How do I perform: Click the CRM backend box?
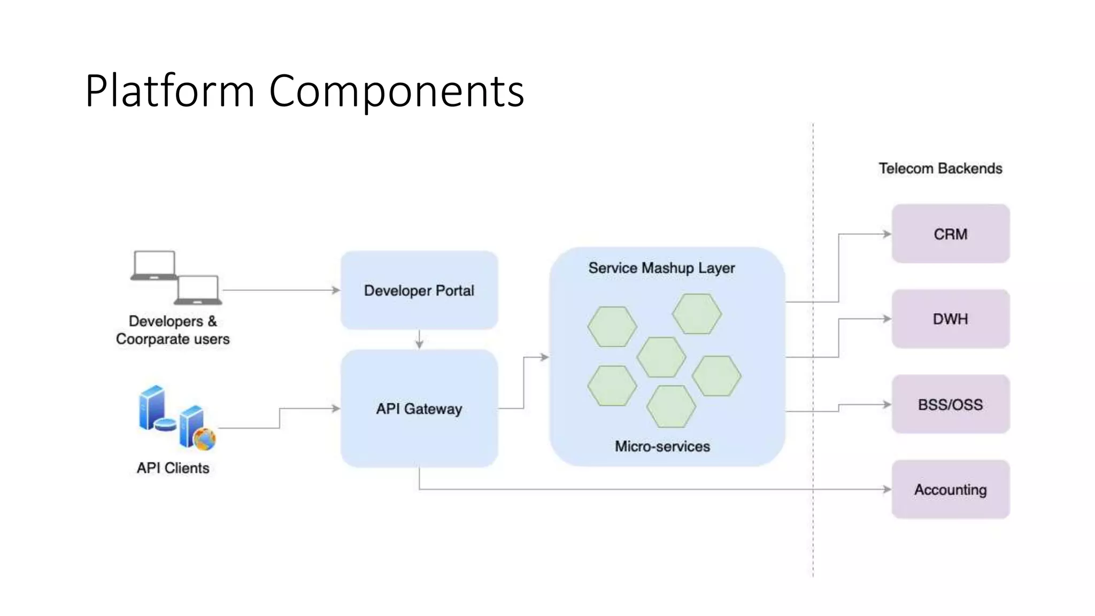click(x=950, y=234)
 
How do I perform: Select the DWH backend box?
click(x=950, y=319)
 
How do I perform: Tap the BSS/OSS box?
click(x=950, y=404)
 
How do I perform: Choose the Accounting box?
click(x=950, y=489)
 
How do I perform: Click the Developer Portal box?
click(x=419, y=290)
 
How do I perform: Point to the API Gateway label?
click(x=419, y=409)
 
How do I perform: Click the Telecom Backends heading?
click(x=940, y=168)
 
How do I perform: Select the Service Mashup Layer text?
click(x=661, y=268)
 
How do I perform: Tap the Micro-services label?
click(x=662, y=446)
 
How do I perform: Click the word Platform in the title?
click(x=169, y=91)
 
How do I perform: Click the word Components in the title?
click(x=396, y=91)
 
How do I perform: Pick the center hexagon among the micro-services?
click(x=661, y=357)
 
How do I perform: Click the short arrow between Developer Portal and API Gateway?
click(x=419, y=340)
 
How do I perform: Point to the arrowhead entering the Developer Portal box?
click(x=336, y=290)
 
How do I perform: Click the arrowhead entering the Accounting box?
click(x=887, y=489)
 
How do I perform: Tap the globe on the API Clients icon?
click(x=204, y=439)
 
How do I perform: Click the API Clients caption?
click(x=173, y=468)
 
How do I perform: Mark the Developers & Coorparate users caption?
click(x=173, y=330)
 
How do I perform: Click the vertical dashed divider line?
click(x=813, y=535)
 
